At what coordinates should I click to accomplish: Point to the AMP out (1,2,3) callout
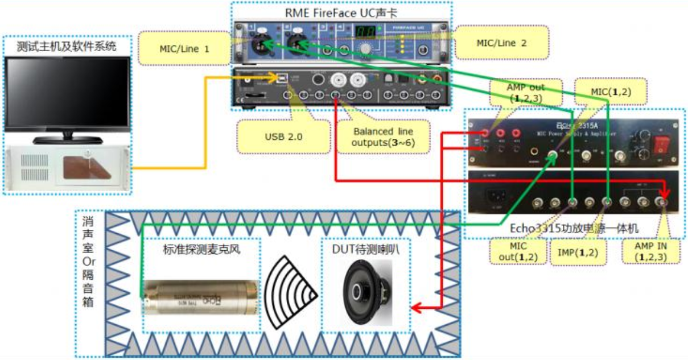point(525,93)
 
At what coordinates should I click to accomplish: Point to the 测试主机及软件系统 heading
point(67,47)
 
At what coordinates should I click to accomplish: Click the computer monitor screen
point(67,92)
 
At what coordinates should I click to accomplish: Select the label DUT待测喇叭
point(366,249)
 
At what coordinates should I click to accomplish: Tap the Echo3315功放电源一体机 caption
point(575,228)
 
